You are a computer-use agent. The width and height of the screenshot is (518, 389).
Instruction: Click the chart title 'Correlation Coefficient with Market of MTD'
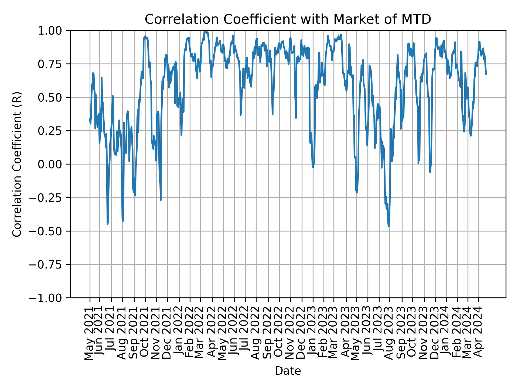point(288,19)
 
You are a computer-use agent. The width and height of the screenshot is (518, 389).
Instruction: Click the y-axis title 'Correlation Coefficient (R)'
point(17,164)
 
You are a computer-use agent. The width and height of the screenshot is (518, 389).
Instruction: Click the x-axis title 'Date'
point(288,371)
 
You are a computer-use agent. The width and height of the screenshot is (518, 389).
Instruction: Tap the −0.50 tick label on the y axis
point(50,231)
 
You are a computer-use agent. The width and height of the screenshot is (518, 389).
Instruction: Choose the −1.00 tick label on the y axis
point(50,298)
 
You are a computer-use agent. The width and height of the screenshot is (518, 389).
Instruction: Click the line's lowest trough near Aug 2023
point(389,226)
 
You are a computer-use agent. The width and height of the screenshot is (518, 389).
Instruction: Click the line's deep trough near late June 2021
point(107,224)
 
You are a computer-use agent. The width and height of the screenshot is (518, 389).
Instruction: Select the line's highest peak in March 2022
point(205,32)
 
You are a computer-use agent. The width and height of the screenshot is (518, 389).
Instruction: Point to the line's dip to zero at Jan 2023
point(313,167)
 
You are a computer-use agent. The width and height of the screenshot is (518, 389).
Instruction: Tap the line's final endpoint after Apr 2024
point(486,74)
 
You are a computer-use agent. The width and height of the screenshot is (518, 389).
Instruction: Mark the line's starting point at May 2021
point(90,118)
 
